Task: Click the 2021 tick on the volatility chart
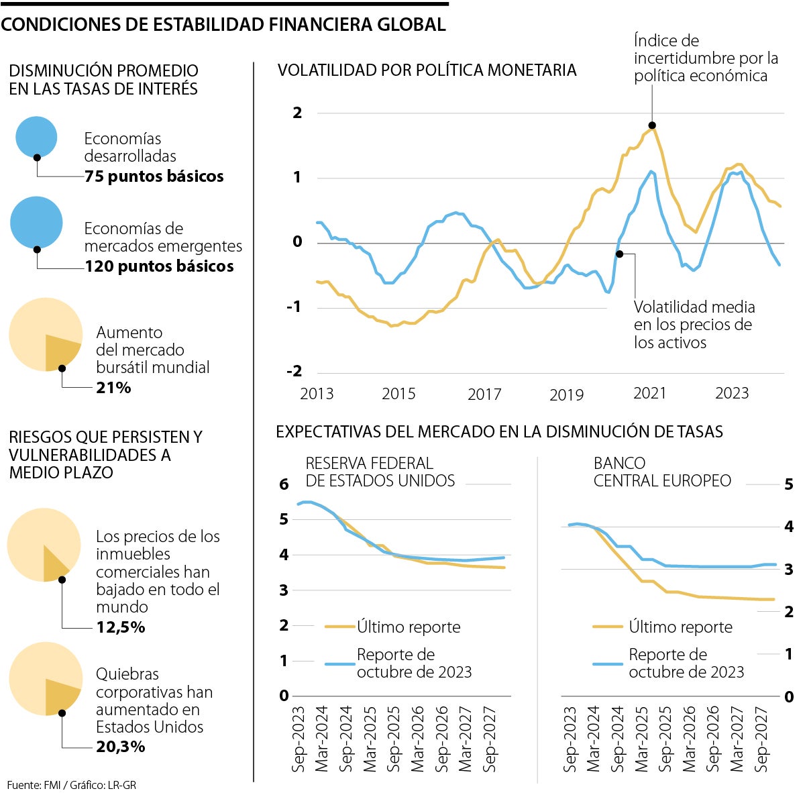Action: pyautogui.click(x=649, y=393)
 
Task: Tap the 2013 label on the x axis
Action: pyautogui.click(x=317, y=394)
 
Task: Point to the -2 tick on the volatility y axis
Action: pyautogui.click(x=295, y=372)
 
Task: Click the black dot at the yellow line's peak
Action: pyautogui.click(x=652, y=125)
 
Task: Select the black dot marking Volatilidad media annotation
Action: pyautogui.click(x=619, y=254)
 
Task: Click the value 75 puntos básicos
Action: pyautogui.click(x=154, y=176)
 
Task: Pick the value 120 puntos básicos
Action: pyautogui.click(x=159, y=266)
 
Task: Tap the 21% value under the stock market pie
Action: pyautogui.click(x=113, y=388)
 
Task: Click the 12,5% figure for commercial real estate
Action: pyautogui.click(x=121, y=627)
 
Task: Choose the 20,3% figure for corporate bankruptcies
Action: pyautogui.click(x=121, y=746)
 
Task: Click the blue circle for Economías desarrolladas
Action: pyautogui.click(x=36, y=136)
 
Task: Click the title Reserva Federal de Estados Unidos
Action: pyautogui.click(x=380, y=472)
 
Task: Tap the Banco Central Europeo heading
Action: pyautogui.click(x=661, y=472)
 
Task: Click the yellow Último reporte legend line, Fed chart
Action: pyautogui.click(x=339, y=627)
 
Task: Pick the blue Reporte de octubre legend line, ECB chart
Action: pyautogui.click(x=608, y=664)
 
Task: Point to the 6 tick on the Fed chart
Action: pyautogui.click(x=284, y=484)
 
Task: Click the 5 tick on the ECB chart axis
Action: pyautogui.click(x=789, y=484)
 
